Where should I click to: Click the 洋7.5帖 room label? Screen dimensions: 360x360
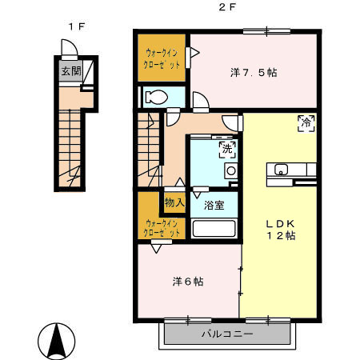point(254,72)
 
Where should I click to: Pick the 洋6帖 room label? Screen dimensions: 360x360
point(188,282)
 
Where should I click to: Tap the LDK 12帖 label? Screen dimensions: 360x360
point(281,230)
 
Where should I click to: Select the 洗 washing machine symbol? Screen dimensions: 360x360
point(226,149)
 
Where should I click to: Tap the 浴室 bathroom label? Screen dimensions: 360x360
point(213,205)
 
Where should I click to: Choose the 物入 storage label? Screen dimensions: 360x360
point(174,202)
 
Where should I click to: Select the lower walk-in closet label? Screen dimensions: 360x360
point(161,228)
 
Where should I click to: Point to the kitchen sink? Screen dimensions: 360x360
point(282,169)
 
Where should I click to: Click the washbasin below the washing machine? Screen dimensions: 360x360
point(231,170)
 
